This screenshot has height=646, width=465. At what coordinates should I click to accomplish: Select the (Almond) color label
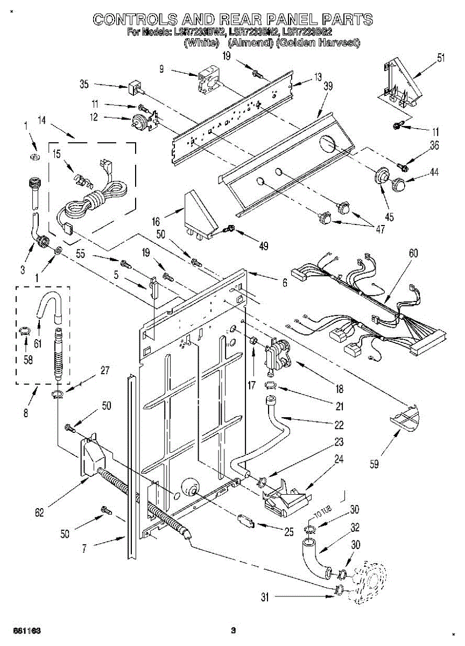click(249, 43)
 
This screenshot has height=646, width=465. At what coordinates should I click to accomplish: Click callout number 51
click(441, 59)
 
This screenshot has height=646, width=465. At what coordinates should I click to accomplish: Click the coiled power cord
click(97, 202)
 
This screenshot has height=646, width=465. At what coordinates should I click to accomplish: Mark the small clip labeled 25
click(245, 521)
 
